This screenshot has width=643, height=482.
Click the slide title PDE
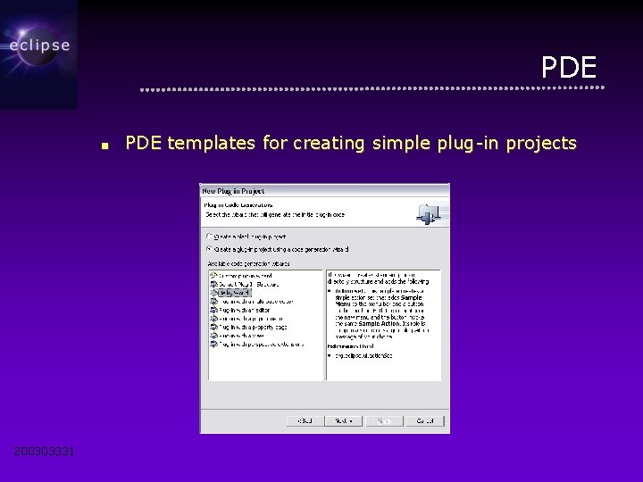(569, 68)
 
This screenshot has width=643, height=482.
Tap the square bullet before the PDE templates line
(104, 145)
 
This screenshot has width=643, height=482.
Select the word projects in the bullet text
(540, 143)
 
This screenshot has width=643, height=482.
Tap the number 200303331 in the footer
(45, 452)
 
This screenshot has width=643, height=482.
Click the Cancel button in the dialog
(424, 420)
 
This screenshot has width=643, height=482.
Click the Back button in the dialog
(305, 420)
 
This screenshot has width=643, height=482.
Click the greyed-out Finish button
(384, 420)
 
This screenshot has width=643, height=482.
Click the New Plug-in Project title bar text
(234, 191)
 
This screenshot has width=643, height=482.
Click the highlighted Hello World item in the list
(234, 292)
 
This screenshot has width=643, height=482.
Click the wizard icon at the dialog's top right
(429, 212)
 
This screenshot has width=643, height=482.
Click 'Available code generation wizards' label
(250, 263)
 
